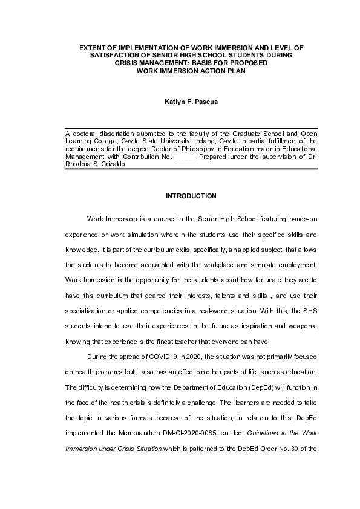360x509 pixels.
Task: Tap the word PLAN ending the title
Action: [235, 71]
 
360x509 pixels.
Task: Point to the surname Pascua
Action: [206, 102]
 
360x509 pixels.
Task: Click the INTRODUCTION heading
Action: [191, 196]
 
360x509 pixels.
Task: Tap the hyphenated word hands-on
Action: [299, 218]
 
